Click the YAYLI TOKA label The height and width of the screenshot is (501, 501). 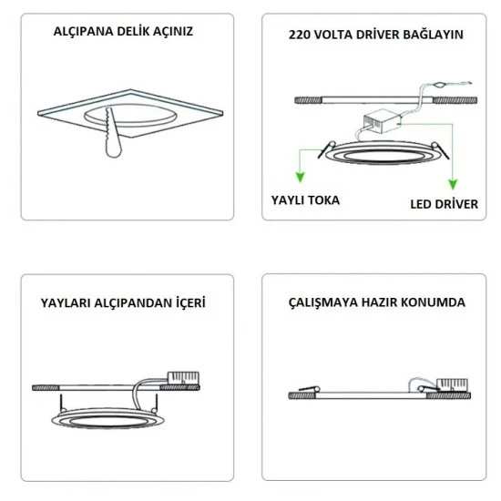(x=305, y=199)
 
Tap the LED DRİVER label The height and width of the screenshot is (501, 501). (x=443, y=204)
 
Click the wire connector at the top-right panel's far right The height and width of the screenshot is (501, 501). (x=440, y=86)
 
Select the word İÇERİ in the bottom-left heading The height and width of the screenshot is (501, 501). (x=186, y=302)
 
